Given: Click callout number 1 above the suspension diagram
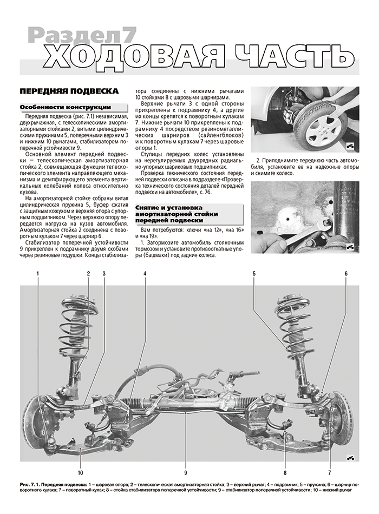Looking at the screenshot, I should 38,274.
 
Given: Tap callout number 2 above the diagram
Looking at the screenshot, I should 88,274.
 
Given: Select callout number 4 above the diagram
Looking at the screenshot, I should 145,274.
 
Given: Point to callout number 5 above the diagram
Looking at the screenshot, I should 253,274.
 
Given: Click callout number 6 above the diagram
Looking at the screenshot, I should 345,274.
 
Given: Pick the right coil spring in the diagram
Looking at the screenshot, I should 296,330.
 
